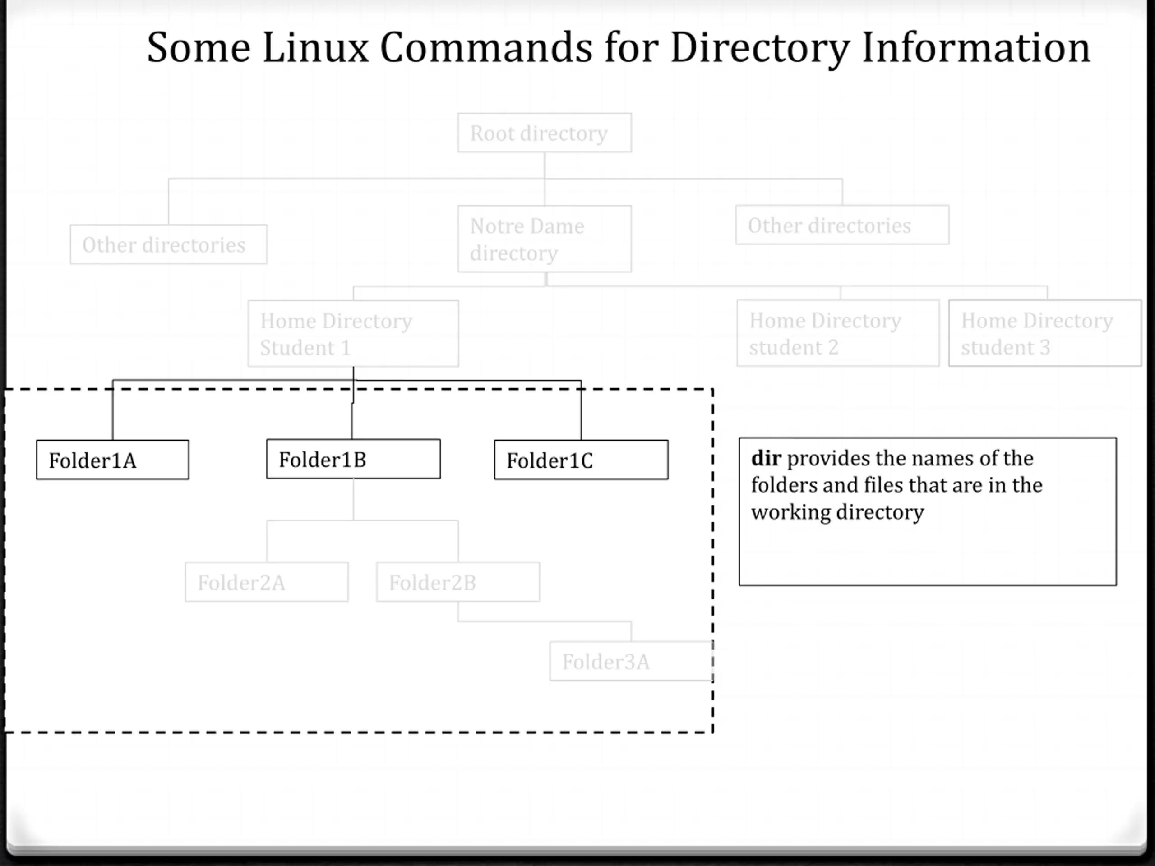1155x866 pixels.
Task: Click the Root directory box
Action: (545, 133)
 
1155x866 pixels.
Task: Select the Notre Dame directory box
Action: (545, 239)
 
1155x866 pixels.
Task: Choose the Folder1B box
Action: (354, 459)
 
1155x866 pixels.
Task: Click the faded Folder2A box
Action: (267, 581)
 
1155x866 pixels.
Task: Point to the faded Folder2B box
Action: (458, 581)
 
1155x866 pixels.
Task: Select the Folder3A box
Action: (631, 661)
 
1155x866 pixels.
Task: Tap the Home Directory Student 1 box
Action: (354, 334)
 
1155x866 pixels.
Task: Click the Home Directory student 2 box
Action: (838, 333)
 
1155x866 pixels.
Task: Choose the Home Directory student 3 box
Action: (1045, 333)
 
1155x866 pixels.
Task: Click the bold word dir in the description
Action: (766, 458)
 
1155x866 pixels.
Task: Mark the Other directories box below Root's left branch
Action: (169, 244)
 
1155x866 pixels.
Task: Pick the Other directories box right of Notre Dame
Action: (842, 225)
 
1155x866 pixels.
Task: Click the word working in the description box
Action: (791, 512)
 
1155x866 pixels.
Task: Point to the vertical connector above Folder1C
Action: (581, 410)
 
